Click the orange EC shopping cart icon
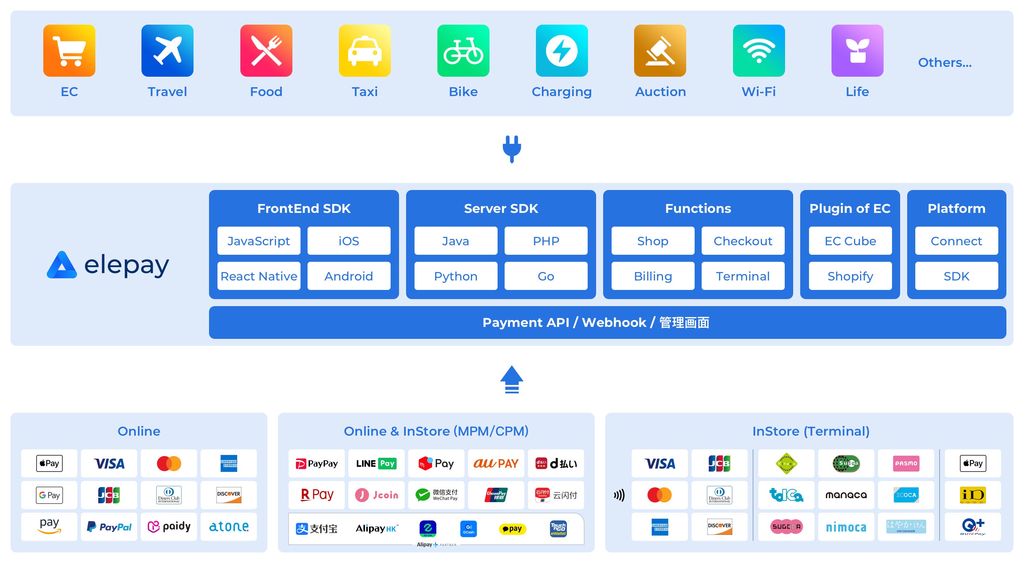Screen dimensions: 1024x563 69,51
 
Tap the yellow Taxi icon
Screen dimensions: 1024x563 365,51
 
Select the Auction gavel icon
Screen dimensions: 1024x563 660,51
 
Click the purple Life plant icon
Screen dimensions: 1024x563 857,51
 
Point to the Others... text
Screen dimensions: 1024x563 944,62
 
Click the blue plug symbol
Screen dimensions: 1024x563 512,149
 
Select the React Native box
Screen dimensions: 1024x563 259,276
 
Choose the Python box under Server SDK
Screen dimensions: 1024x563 456,276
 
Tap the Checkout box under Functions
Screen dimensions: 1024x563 742,241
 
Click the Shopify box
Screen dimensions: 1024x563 850,276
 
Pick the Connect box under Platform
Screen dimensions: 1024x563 956,241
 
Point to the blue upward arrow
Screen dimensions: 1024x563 512,379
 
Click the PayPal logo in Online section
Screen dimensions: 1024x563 109,527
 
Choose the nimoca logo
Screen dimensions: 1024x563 846,527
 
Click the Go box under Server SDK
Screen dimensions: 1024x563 546,276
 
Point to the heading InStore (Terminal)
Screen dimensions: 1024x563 810,431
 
